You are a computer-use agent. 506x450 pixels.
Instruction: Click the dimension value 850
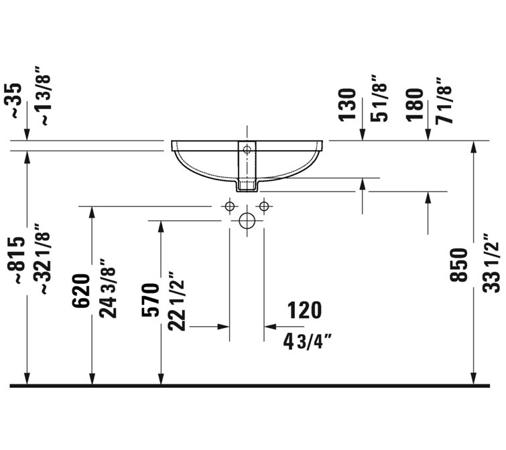[x=458, y=265]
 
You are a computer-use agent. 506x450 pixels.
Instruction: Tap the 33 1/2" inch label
[x=491, y=263]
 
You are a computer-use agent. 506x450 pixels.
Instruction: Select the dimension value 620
[x=80, y=291]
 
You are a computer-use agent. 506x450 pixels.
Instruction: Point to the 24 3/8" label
[x=108, y=289]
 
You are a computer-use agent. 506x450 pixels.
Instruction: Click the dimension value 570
[x=151, y=300]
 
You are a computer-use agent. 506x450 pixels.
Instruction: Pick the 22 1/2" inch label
[x=176, y=302]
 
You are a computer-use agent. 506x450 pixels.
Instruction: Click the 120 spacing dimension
[x=304, y=310]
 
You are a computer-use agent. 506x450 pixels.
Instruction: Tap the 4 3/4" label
[x=308, y=342]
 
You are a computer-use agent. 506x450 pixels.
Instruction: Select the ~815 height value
[x=16, y=261]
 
